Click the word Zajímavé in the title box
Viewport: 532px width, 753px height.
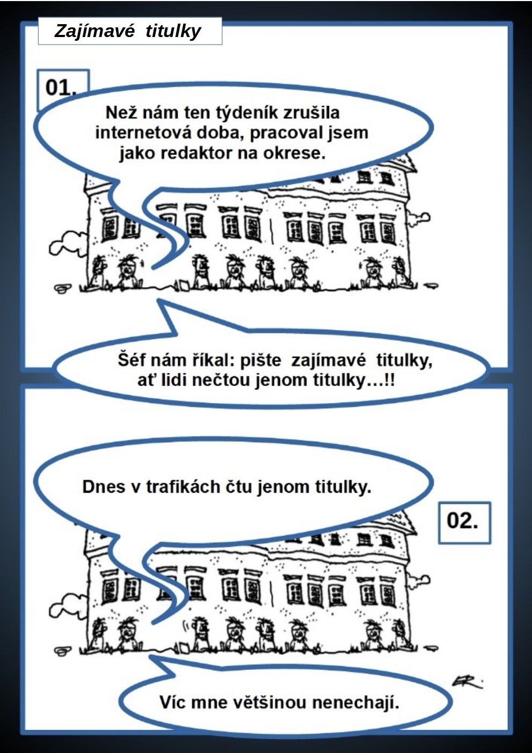tap(94, 32)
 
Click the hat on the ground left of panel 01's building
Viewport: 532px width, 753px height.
tap(63, 288)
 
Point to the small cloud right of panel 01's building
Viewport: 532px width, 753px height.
tap(418, 218)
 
